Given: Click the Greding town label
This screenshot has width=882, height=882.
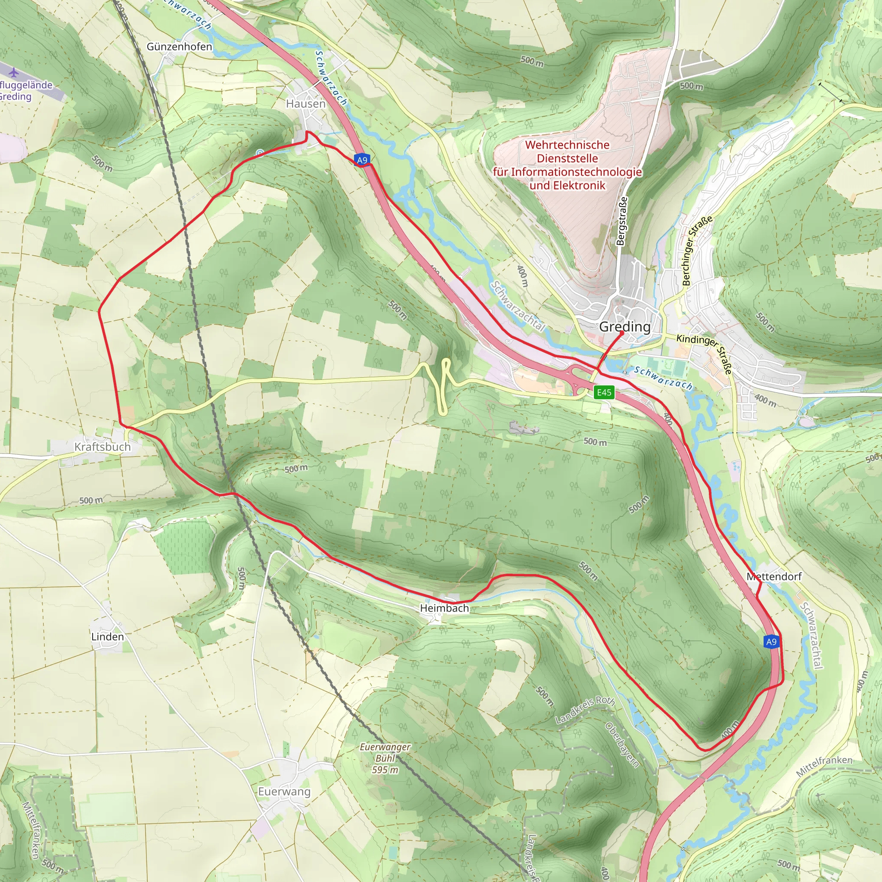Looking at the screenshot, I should coord(624,327).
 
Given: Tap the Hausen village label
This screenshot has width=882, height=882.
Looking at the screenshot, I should coord(306,104).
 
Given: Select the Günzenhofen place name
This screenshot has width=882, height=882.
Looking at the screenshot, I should coord(180,47).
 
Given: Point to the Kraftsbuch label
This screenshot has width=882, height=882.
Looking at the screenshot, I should coord(103,447).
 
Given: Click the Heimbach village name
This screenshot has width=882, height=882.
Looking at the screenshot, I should coord(444,608).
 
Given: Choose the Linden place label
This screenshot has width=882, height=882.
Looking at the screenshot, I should coord(108,637).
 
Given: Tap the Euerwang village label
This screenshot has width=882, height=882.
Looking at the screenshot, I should coord(284,792).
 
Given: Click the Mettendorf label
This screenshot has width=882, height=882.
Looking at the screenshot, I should coord(774,577).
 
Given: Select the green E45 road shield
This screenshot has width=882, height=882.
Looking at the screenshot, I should coord(604,393).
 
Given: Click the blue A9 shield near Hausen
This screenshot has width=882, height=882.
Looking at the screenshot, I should coord(362,160).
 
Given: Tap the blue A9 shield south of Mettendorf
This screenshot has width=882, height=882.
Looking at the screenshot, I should coord(771,642).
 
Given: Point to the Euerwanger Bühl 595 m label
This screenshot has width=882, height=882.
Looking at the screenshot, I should coord(385,758).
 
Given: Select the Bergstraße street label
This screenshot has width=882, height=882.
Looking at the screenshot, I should coord(621,221).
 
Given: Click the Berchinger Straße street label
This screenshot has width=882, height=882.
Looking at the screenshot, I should coord(697,251).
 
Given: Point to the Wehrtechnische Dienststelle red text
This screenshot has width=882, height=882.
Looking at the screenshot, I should coord(567,165).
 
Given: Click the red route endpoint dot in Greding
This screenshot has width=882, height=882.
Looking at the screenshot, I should coord(622,333).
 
